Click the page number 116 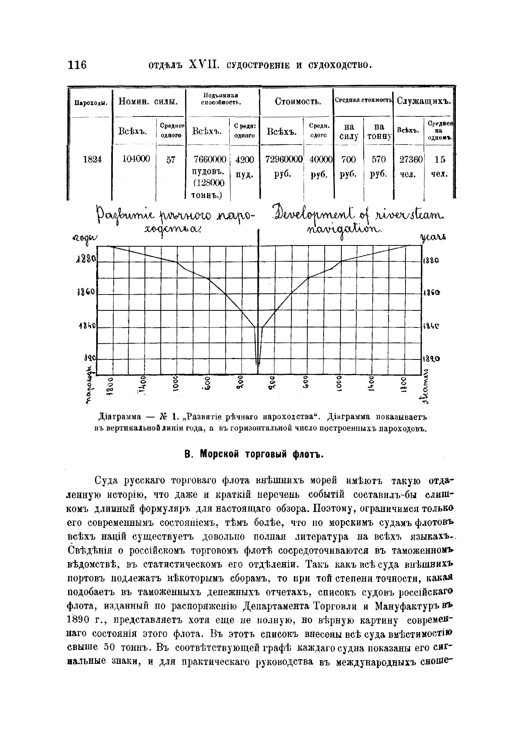tap(78, 65)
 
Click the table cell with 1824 tap(92, 159)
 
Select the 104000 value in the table tap(136, 159)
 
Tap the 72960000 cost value tap(284, 159)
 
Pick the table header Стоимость tap(298, 101)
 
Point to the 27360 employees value tap(411, 159)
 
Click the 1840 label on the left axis tap(86, 325)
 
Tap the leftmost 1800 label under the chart tap(110, 385)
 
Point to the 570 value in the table tap(378, 159)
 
